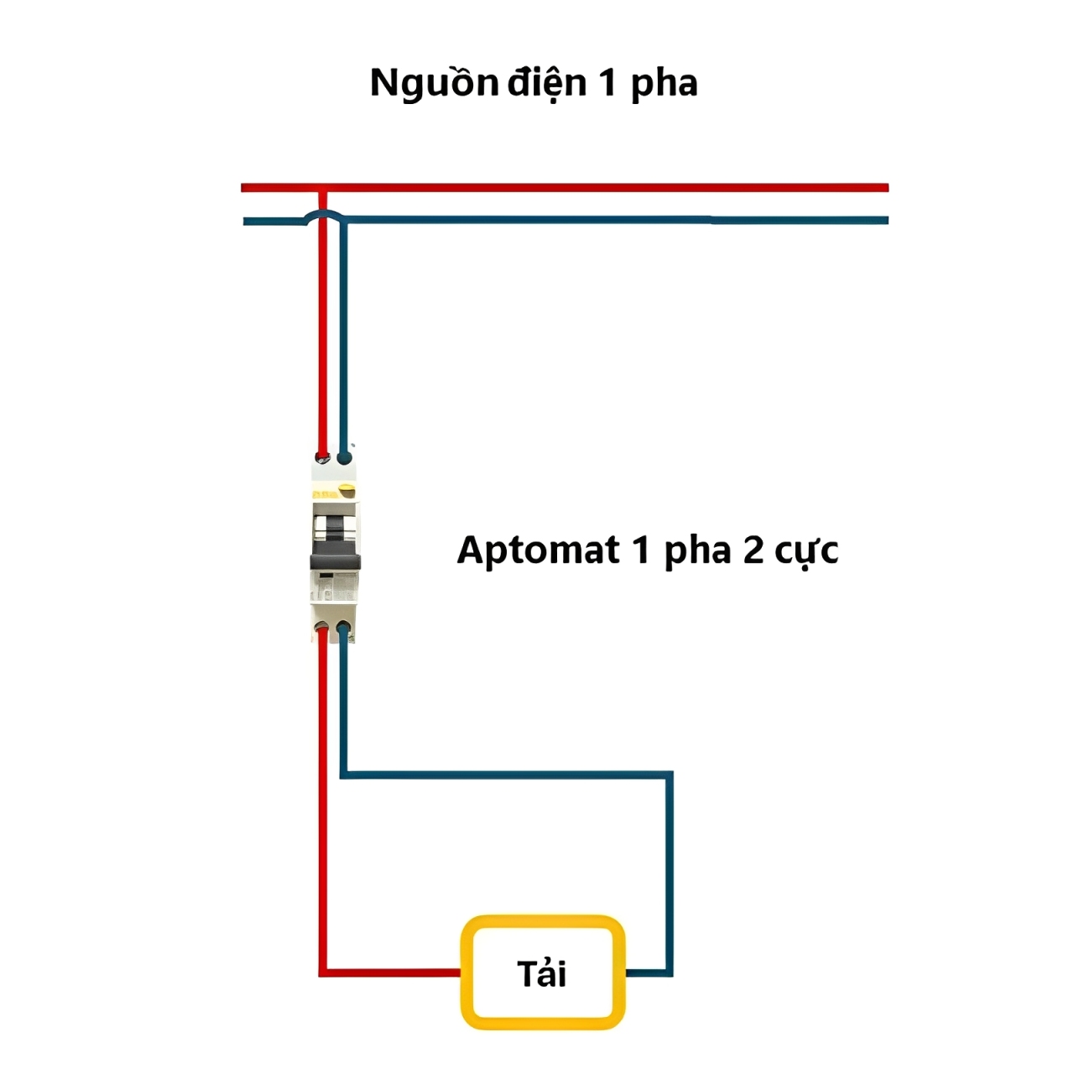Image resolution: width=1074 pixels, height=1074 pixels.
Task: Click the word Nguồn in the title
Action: pyautogui.click(x=434, y=84)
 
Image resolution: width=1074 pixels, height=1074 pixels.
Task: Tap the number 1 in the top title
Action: pyautogui.click(x=607, y=84)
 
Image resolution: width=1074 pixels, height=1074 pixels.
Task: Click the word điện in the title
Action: pyautogui.click(x=546, y=84)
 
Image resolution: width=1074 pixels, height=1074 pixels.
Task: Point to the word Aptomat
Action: pyautogui.click(x=538, y=551)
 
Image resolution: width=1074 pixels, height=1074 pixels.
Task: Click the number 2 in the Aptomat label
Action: pyautogui.click(x=753, y=551)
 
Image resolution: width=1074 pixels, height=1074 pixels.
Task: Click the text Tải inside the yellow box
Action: pyautogui.click(x=542, y=973)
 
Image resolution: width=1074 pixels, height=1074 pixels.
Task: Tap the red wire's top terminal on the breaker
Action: pyautogui.click(x=322, y=457)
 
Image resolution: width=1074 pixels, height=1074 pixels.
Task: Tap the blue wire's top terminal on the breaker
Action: pyautogui.click(x=344, y=457)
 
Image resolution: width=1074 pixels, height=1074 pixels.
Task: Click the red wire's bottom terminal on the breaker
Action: pyautogui.click(x=322, y=628)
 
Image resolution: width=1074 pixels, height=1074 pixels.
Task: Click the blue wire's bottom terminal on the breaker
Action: pyautogui.click(x=343, y=628)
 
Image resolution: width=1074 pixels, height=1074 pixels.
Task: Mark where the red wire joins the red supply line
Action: pyautogui.click(x=322, y=188)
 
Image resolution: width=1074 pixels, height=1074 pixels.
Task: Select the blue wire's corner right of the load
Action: pyautogui.click(x=669, y=972)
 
